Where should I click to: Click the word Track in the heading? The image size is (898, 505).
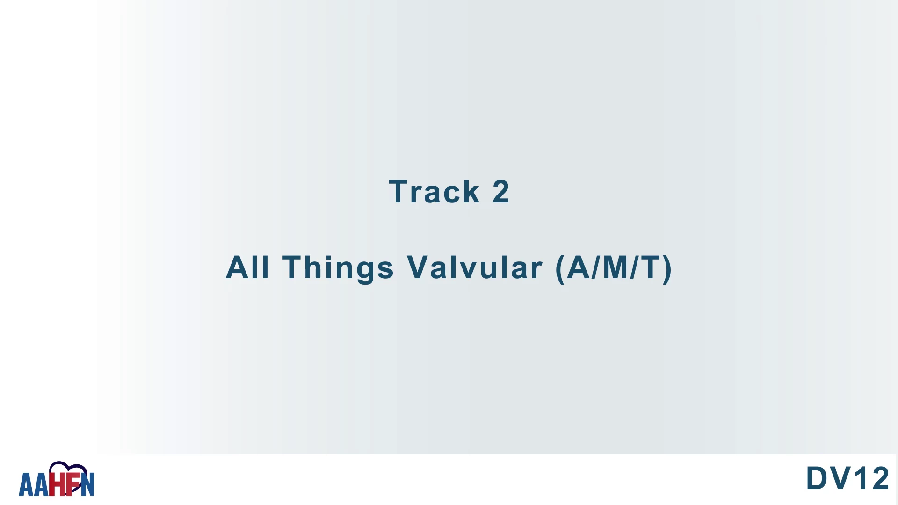point(434,191)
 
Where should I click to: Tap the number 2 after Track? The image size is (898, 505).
point(501,191)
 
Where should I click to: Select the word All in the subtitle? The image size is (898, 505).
point(247,267)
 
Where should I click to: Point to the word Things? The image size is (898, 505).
point(338,268)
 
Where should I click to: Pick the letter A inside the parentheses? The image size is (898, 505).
point(579,267)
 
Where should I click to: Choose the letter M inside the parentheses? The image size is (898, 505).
point(615,267)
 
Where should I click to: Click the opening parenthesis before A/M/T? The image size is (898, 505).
point(560,269)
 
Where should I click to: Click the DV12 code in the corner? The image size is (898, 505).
point(847,478)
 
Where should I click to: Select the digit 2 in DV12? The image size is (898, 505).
point(880,478)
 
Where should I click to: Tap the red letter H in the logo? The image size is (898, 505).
point(57,484)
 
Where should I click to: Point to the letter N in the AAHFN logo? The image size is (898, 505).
point(87,484)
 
